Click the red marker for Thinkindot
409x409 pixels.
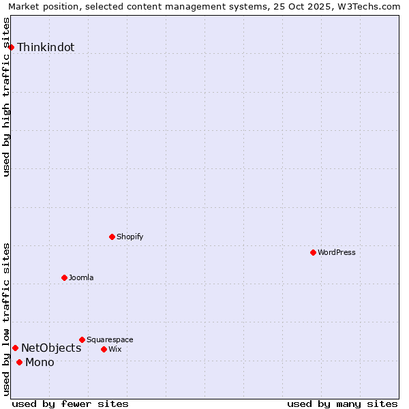(x=11, y=47)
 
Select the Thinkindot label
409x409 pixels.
(x=46, y=48)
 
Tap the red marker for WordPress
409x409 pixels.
(x=313, y=252)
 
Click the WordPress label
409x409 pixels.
(x=337, y=252)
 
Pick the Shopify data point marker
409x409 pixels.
(x=112, y=237)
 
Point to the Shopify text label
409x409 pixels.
(x=130, y=237)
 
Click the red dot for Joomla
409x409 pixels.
(x=64, y=277)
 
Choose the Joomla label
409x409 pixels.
(x=81, y=277)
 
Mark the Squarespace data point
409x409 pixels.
(x=82, y=339)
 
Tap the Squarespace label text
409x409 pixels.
(x=110, y=339)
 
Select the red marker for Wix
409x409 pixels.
(x=104, y=349)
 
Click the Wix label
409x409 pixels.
(x=115, y=349)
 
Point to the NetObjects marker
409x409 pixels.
(x=15, y=348)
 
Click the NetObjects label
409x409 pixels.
(x=51, y=348)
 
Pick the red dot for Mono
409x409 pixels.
(x=19, y=362)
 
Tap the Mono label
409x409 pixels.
(x=40, y=363)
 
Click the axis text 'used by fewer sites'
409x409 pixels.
(x=70, y=404)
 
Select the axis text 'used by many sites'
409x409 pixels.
(x=342, y=404)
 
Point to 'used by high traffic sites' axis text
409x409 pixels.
(x=6, y=97)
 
